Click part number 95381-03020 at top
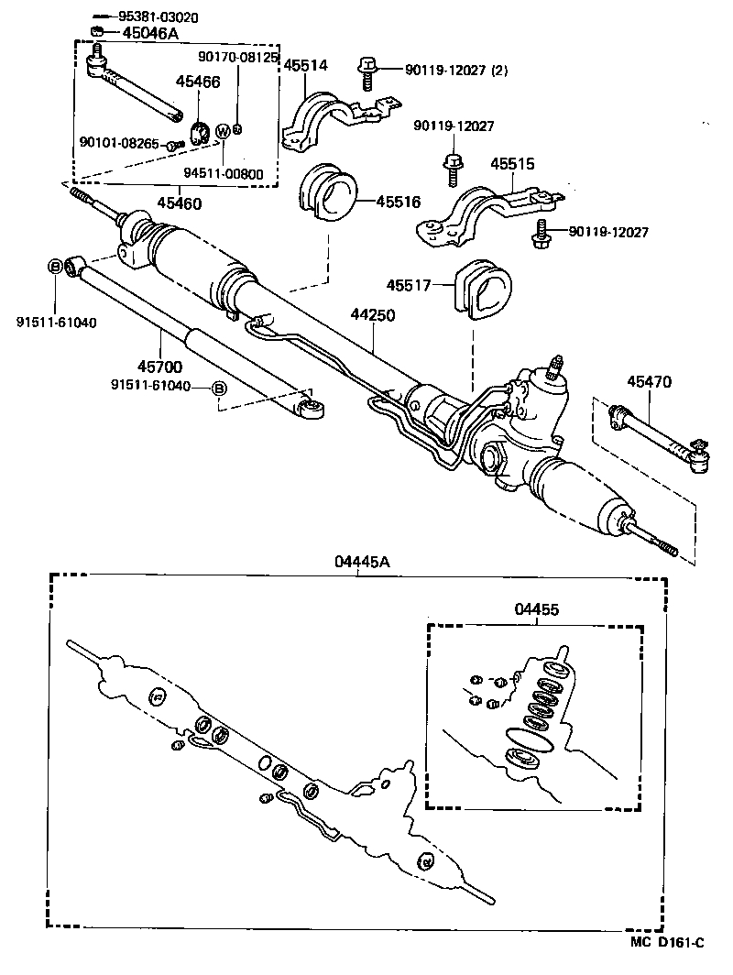[159, 17]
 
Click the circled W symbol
[223, 132]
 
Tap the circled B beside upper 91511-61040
[55, 267]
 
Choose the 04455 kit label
[537, 608]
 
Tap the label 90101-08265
[119, 144]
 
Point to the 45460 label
[179, 203]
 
